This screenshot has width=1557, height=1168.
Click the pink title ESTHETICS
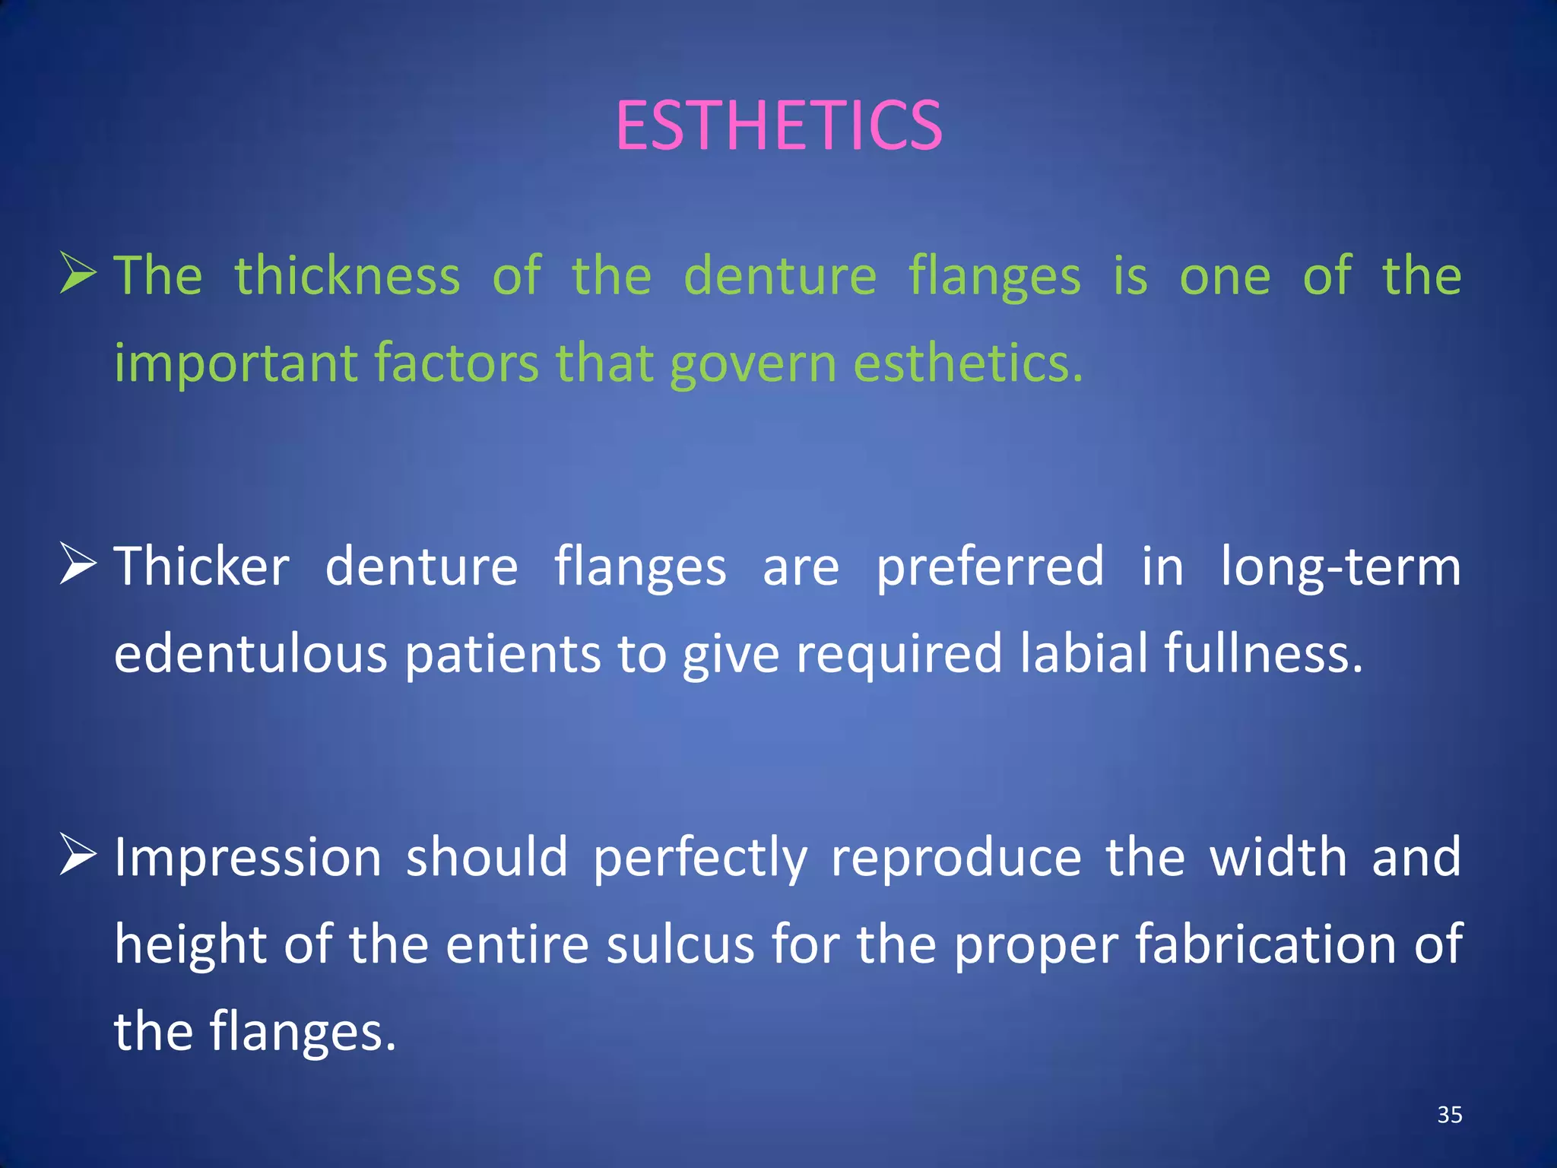tap(778, 125)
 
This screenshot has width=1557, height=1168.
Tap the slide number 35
tap(1450, 1115)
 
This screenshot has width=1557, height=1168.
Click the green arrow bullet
tap(78, 274)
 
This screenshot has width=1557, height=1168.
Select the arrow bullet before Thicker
tap(78, 566)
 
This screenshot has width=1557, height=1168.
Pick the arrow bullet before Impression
tap(78, 855)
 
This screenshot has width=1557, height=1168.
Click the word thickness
tap(347, 275)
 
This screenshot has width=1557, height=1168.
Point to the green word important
tap(236, 363)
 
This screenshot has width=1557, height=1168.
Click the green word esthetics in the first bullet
tap(967, 363)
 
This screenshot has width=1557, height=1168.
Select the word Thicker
tap(202, 567)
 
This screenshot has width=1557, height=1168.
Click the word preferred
tap(990, 568)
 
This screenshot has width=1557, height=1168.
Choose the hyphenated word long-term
tap(1340, 568)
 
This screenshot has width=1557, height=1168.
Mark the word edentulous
tap(251, 655)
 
